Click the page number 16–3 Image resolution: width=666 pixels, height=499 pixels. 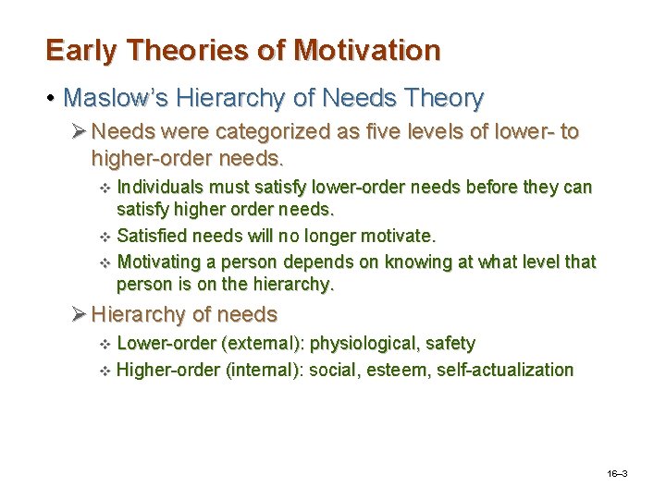point(617,473)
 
